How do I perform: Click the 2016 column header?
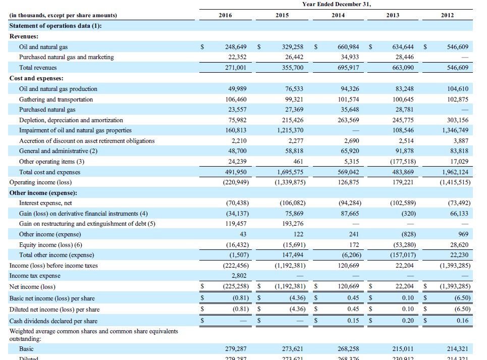tap(226, 15)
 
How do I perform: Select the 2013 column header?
tap(393, 15)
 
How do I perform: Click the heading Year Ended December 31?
tap(337, 5)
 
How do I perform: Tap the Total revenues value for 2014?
tap(348, 68)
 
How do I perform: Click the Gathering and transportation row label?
tap(56, 99)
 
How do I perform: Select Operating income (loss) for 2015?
tap(289, 182)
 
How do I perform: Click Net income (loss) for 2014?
tap(348, 287)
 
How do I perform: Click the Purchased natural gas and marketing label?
tap(67, 57)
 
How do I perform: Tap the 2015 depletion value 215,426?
tap(293, 120)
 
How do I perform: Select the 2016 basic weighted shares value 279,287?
tap(236, 349)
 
